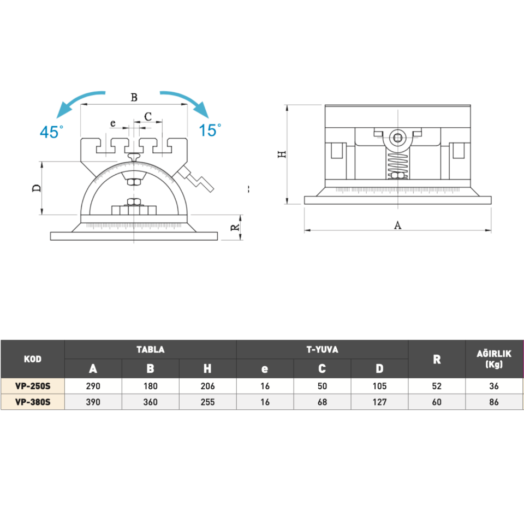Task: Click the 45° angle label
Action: (51, 132)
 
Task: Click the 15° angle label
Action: (210, 130)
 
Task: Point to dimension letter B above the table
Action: (134, 98)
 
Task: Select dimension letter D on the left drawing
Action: (37, 188)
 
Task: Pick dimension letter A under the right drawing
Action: (397, 225)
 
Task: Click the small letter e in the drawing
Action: (112, 123)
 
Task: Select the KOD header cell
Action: (33, 359)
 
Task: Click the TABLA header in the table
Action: (150, 349)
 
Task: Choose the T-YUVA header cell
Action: (322, 349)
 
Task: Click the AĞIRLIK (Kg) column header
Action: (494, 359)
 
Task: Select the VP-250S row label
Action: (33, 386)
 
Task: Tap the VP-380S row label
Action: (33, 402)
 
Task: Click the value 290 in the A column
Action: (93, 386)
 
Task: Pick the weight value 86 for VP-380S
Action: (494, 402)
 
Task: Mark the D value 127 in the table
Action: (379, 402)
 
